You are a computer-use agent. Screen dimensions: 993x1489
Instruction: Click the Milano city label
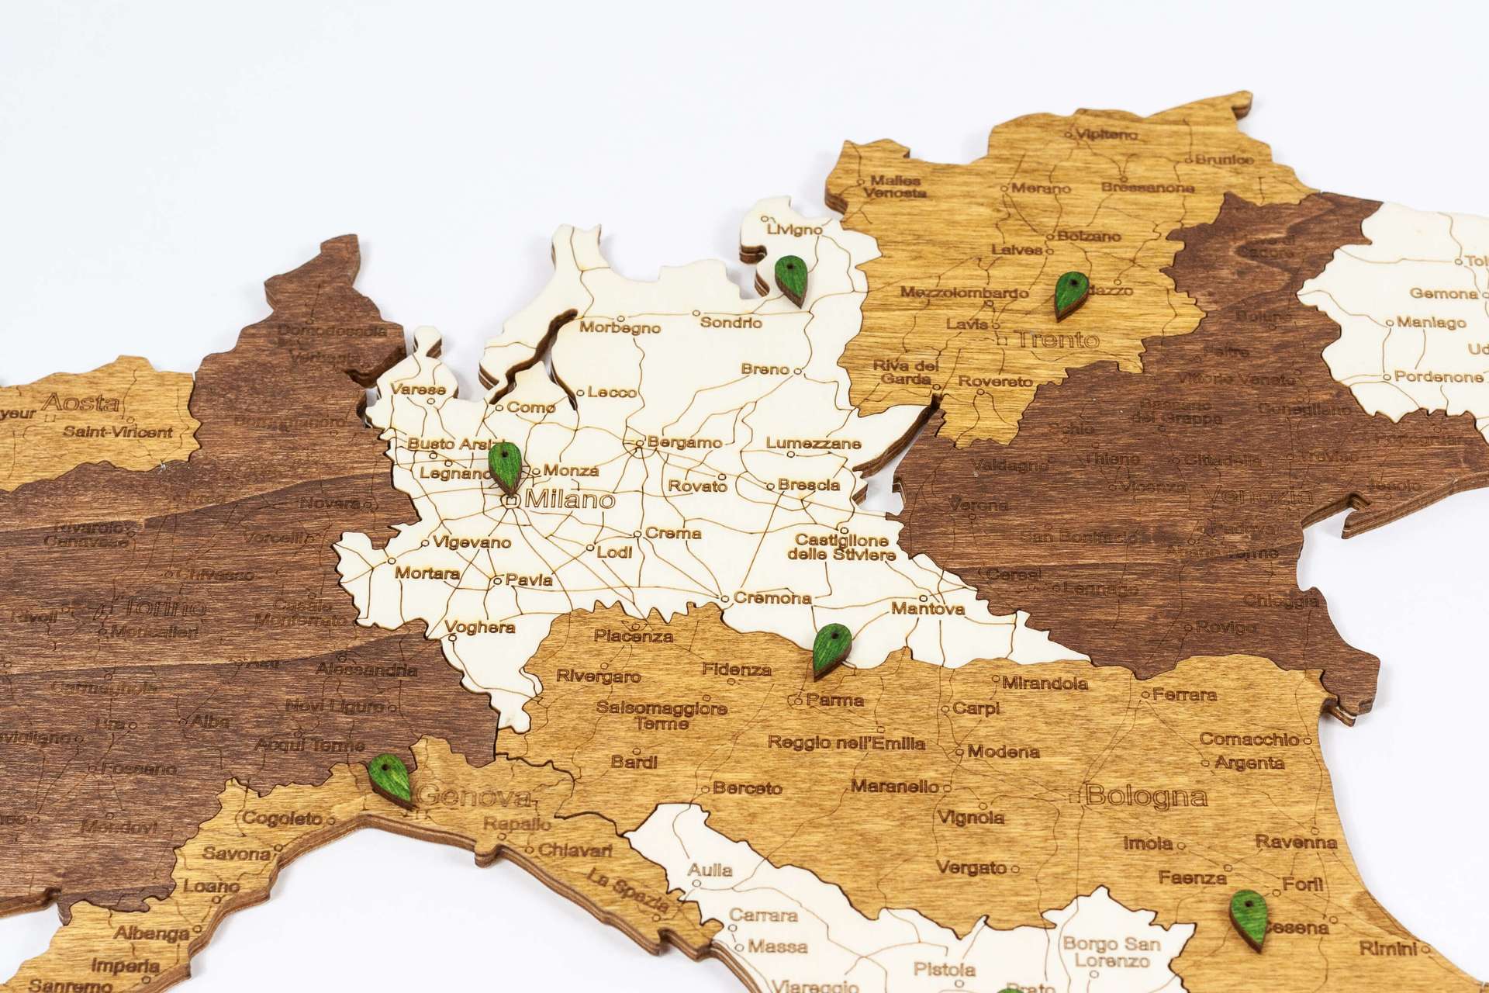(x=570, y=500)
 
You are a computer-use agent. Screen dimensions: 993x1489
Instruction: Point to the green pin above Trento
(x=1069, y=295)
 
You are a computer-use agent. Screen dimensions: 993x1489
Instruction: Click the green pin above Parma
(x=831, y=650)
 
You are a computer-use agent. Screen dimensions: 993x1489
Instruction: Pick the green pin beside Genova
(x=389, y=780)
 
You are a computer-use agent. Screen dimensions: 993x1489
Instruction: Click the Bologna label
(x=1136, y=796)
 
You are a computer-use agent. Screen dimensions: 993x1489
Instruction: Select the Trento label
(x=1057, y=340)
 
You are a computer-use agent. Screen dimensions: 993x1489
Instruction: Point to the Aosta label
(x=81, y=403)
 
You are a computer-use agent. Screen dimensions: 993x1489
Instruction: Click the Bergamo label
(x=684, y=443)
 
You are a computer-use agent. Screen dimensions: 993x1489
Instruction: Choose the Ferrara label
(x=1184, y=694)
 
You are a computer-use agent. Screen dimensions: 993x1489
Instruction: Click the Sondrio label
(x=731, y=322)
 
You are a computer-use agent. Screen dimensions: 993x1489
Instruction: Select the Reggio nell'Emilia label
(x=847, y=742)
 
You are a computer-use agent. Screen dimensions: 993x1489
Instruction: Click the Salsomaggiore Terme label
(x=662, y=715)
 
